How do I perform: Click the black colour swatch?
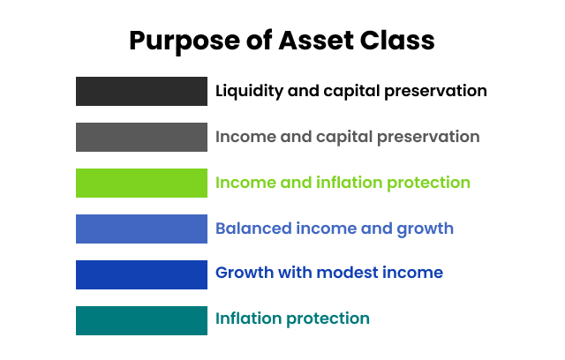[x=141, y=91]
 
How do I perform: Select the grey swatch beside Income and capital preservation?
[x=141, y=137]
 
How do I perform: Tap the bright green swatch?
[x=141, y=183]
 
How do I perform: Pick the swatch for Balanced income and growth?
[x=141, y=229]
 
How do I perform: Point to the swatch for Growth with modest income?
[x=141, y=274]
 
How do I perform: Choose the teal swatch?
[x=141, y=320]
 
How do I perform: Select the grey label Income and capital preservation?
[x=347, y=137]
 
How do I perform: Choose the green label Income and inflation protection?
[x=343, y=183]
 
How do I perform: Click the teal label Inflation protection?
[x=292, y=319]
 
